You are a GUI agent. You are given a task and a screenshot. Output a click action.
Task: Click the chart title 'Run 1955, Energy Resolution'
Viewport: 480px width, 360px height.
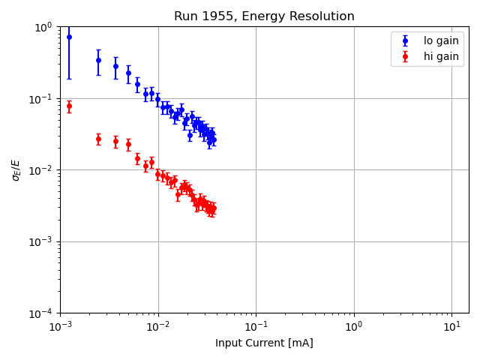[x=264, y=16]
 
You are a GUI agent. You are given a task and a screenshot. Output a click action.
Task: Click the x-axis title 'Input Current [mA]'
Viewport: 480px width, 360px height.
[x=264, y=343]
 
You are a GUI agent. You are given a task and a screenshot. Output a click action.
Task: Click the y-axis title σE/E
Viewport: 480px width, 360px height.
[x=16, y=169]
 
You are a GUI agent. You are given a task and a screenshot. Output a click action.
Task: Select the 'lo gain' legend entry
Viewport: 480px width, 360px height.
[x=441, y=41]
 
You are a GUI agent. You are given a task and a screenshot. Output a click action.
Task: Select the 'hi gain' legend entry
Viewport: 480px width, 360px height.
[x=441, y=56]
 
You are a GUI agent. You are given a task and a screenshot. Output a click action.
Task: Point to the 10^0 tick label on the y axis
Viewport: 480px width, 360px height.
[x=43, y=27]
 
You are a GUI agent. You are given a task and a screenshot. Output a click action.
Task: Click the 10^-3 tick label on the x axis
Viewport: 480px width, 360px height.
[x=60, y=327]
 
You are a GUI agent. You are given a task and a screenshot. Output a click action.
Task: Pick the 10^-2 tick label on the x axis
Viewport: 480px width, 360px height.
[x=157, y=327]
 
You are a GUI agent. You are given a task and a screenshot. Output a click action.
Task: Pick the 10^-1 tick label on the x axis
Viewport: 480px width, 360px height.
[x=256, y=327]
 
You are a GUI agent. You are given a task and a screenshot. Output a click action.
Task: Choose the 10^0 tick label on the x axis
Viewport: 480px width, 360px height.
[x=354, y=327]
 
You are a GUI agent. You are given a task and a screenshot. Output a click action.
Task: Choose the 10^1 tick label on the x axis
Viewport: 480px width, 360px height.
[x=451, y=327]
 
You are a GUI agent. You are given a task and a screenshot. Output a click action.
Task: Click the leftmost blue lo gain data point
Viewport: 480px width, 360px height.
[x=69, y=37]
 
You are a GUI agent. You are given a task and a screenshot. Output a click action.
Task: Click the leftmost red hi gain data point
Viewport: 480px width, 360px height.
[x=69, y=106]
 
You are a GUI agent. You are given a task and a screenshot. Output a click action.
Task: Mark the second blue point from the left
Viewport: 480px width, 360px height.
[x=98, y=60]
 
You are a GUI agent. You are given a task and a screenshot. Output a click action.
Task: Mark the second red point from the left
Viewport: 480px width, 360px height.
[x=98, y=139]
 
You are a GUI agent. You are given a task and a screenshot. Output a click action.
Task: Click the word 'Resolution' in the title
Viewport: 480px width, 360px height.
[x=324, y=16]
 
